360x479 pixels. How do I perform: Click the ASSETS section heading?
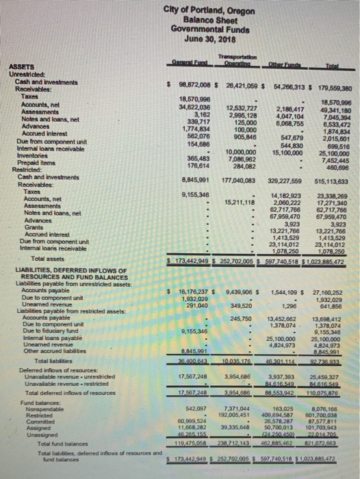tap(18, 66)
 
